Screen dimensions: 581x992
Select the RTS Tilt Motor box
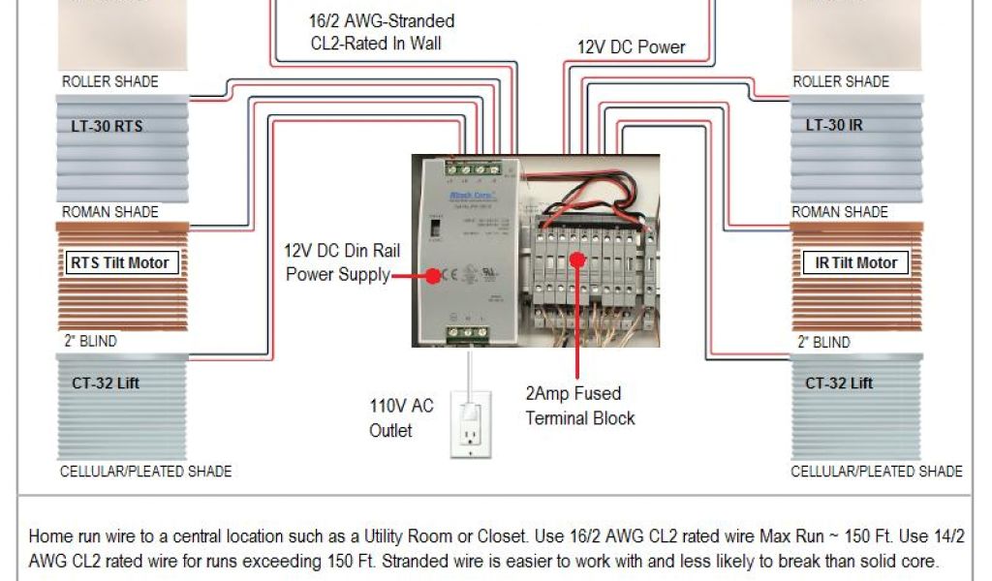120,262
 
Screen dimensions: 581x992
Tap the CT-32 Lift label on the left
106,382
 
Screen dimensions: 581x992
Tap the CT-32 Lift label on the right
838,382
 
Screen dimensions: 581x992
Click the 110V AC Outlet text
401,417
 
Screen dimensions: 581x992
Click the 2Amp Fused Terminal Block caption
580,406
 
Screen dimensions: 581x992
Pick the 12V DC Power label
632,46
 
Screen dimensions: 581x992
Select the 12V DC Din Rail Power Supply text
342,262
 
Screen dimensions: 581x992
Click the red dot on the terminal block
577,259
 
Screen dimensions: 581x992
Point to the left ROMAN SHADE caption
109,211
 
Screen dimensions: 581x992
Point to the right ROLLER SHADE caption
840,81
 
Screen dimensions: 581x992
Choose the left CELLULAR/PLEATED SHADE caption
146,472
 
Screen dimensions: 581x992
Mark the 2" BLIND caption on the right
823,342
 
